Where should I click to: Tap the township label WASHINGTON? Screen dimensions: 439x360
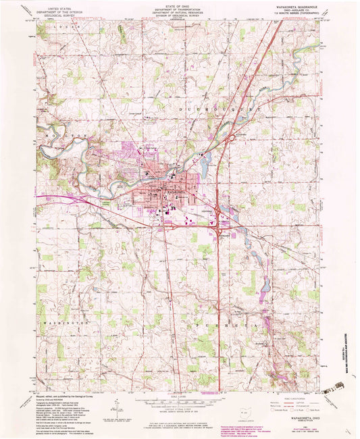point(66,324)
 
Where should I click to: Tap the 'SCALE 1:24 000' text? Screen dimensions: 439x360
point(179,397)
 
